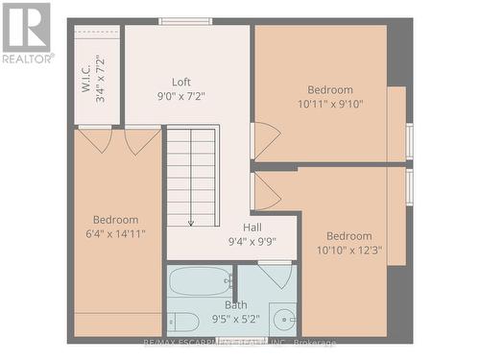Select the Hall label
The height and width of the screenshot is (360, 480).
[252, 228]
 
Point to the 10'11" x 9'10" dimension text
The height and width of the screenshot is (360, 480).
[329, 105]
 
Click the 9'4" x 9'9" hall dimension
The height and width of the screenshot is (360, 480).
[252, 242]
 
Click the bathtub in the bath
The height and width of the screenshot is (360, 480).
[199, 282]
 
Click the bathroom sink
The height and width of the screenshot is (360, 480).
[283, 318]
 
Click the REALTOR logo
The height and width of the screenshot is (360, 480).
[26, 33]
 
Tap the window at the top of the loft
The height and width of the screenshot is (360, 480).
[185, 21]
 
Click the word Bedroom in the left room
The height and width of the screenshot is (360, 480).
[115, 219]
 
